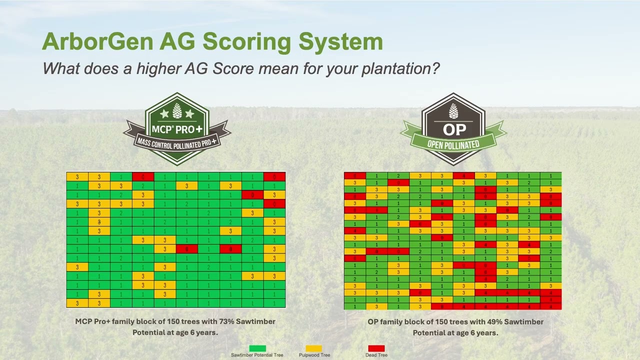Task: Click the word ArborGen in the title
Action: [97, 41]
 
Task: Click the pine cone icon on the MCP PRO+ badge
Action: [177, 111]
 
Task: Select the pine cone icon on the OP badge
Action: [453, 110]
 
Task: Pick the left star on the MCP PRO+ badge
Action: [164, 114]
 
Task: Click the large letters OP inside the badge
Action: [454, 130]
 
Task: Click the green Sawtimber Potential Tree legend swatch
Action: [257, 348]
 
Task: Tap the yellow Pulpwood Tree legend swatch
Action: [314, 348]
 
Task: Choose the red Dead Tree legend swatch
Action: [376, 348]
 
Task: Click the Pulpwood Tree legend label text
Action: [314, 355]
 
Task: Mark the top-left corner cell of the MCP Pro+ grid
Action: [77, 176]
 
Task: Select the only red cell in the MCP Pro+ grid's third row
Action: [252, 194]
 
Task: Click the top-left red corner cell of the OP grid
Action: [354, 175]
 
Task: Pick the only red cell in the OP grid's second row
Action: [398, 183]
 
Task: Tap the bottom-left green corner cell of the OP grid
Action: [354, 306]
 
